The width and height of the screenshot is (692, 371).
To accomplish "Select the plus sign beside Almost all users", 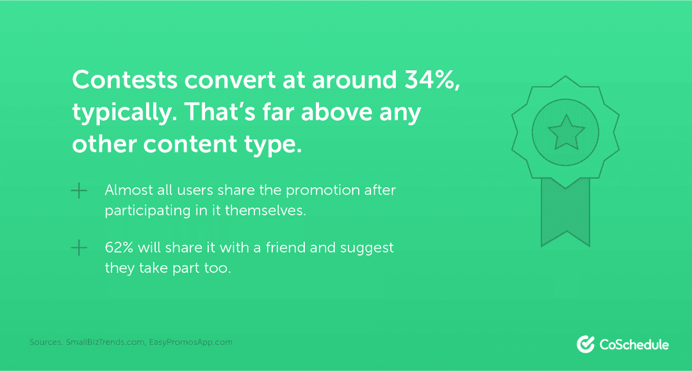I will coord(79,191).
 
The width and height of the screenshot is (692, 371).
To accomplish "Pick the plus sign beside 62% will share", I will coord(79,248).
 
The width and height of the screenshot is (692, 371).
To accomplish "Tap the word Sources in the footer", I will coord(45,342).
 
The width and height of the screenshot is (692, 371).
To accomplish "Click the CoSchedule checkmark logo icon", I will coord(586,344).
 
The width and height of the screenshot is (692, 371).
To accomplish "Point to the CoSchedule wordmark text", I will coord(634,345).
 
